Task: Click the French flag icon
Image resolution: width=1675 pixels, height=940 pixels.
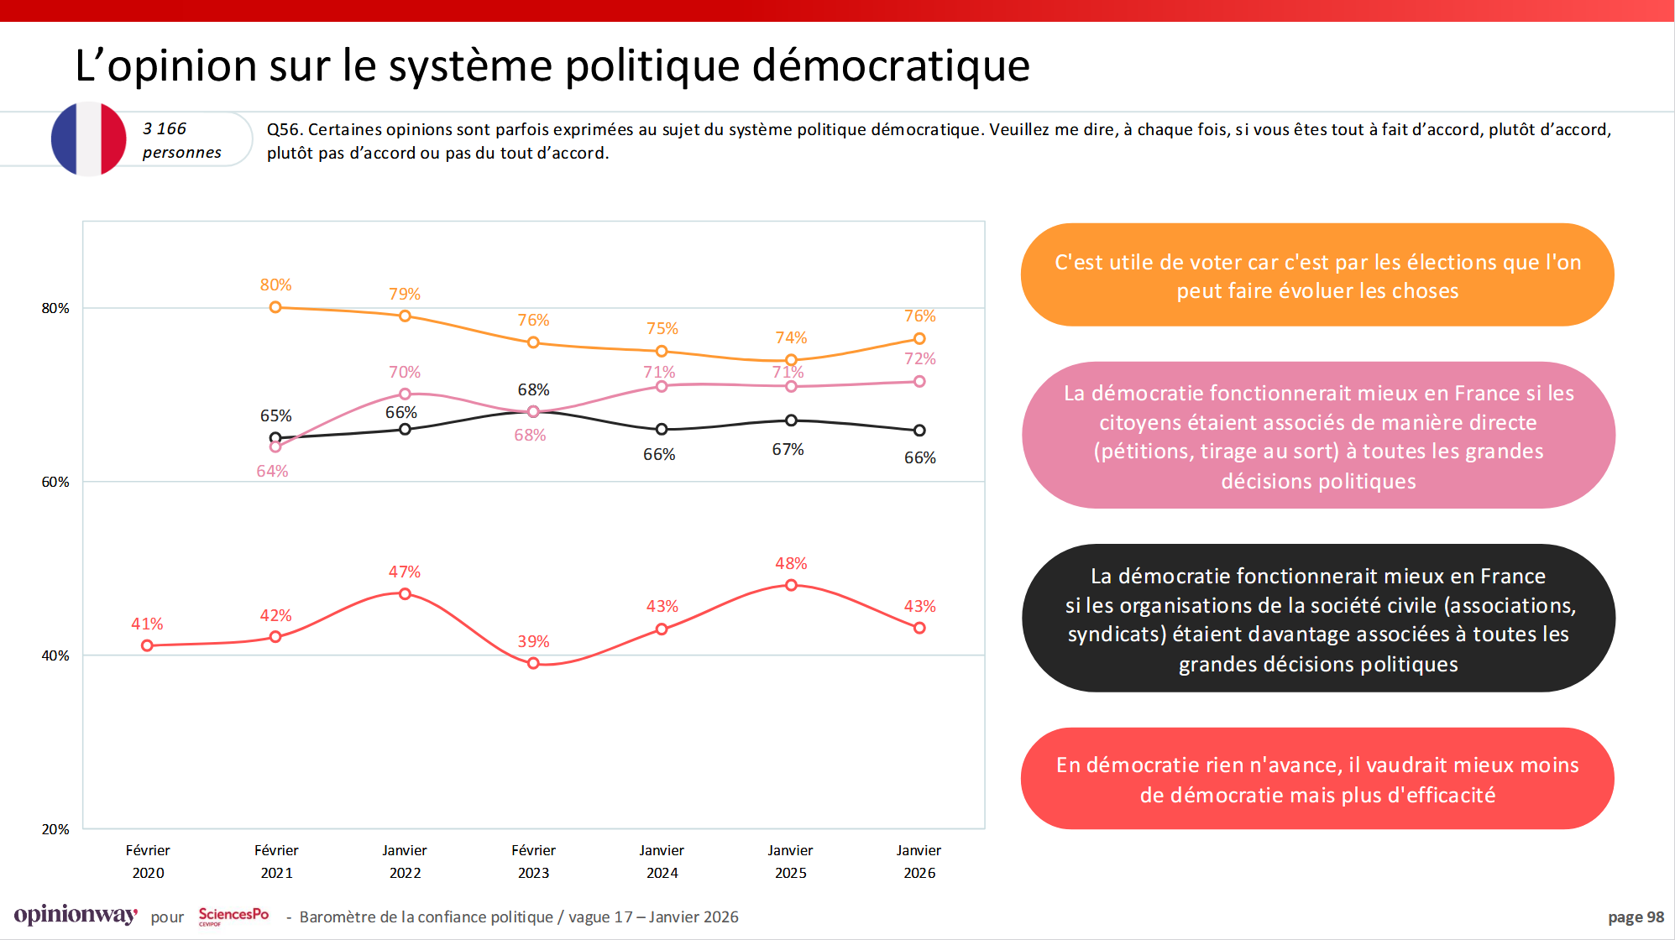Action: click(x=88, y=139)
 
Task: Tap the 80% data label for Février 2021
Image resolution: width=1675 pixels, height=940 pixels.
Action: click(x=275, y=285)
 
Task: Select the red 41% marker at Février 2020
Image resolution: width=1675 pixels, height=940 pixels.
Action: click(x=147, y=645)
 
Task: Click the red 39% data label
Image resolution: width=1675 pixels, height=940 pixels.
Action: click(x=533, y=642)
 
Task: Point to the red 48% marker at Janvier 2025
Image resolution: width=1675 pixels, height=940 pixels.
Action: click(x=791, y=585)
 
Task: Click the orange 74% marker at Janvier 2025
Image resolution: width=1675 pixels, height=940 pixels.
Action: click(x=791, y=360)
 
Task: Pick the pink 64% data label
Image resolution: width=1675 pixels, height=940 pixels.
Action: click(x=272, y=472)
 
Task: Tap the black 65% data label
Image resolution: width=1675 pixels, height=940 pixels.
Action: click(x=275, y=416)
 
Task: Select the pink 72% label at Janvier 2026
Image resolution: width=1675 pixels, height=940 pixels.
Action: click(x=919, y=359)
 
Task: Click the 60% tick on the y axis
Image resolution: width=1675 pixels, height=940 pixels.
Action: click(x=55, y=482)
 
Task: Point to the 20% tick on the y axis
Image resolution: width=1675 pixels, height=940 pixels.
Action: click(x=55, y=829)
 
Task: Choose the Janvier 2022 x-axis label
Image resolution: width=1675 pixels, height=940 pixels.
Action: click(x=405, y=861)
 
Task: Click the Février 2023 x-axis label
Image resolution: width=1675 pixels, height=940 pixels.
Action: click(x=533, y=861)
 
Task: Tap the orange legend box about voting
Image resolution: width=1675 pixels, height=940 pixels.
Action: click(x=1316, y=275)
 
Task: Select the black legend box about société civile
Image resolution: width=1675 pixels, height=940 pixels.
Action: click(x=1317, y=619)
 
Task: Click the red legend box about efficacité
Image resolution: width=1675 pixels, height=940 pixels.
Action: click(x=1316, y=779)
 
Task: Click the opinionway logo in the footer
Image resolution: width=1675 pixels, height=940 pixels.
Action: click(x=76, y=915)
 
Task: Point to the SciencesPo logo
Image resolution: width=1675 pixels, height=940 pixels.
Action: click(x=233, y=916)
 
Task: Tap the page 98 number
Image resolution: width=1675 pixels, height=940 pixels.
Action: click(x=1635, y=917)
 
